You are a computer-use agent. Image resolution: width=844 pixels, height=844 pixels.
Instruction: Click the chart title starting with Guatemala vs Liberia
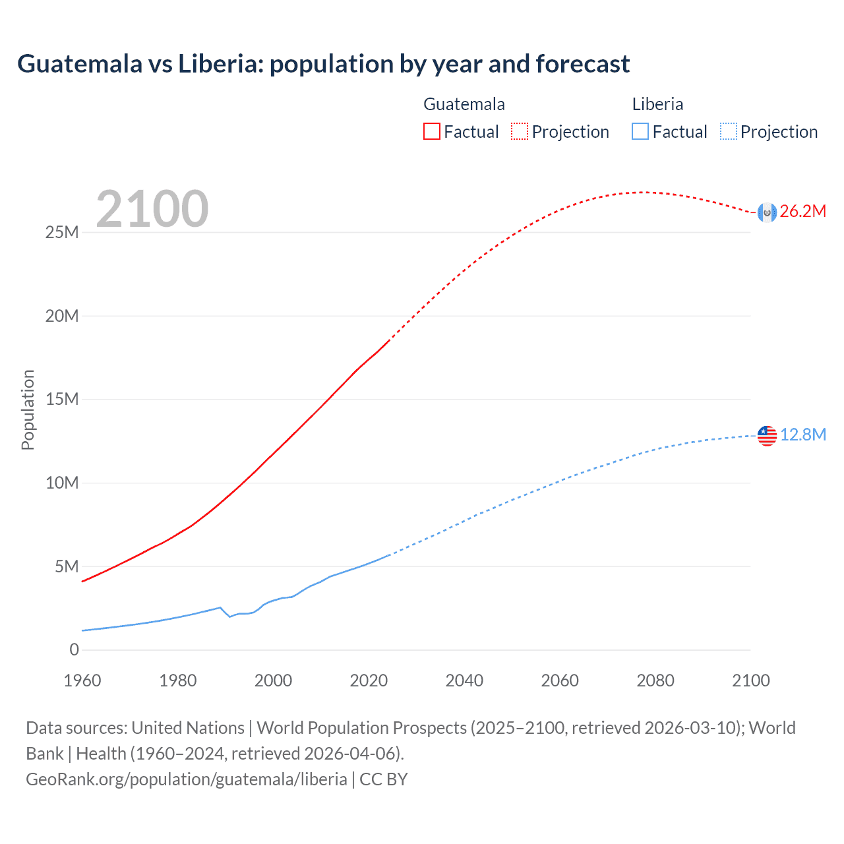323,64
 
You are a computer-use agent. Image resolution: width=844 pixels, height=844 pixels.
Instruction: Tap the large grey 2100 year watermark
152,209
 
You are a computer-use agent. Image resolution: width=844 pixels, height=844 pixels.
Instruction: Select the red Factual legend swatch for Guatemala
431,131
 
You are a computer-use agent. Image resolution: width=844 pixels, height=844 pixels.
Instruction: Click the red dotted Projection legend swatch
520,131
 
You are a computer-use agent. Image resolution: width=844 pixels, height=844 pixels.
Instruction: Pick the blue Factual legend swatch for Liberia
640,131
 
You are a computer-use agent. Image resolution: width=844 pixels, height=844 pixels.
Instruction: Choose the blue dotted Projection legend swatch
728,131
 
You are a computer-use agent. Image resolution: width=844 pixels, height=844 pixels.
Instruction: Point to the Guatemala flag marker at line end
767,212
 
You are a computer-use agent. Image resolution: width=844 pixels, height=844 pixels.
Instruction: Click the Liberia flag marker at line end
767,435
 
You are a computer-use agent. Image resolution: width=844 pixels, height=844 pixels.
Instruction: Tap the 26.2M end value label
802,212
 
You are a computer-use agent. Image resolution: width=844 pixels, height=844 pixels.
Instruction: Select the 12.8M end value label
802,435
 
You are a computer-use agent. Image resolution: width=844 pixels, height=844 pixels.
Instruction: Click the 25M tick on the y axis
62,233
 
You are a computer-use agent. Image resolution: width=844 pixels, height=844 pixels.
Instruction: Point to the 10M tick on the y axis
62,483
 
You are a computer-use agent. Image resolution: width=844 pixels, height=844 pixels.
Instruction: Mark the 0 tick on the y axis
74,650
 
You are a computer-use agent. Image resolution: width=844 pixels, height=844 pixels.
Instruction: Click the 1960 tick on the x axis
82,680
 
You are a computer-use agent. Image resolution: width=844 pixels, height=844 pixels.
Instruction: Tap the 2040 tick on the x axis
464,680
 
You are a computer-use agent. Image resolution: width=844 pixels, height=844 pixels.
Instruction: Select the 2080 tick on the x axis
655,680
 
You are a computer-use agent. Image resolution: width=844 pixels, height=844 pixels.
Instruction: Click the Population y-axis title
28,409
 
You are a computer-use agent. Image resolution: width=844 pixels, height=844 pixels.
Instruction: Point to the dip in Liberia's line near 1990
229,616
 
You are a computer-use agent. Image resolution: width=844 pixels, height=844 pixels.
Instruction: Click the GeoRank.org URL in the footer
187,779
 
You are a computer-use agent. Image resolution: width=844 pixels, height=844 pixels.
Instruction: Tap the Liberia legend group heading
657,104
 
